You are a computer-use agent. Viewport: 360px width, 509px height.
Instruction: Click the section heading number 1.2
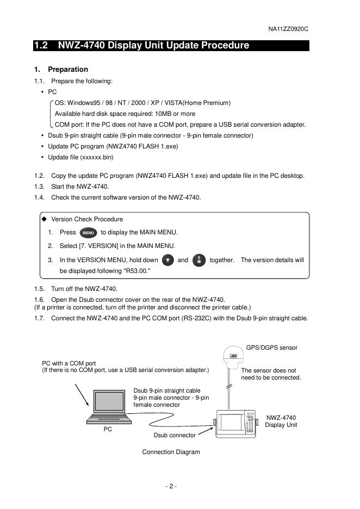[41, 46]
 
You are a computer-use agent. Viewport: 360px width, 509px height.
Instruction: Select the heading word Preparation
[68, 70]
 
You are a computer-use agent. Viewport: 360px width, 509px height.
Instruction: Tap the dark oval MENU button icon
[88, 233]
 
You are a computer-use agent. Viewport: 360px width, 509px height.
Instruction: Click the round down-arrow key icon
[168, 260]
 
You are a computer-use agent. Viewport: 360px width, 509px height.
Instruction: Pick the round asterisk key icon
[199, 260]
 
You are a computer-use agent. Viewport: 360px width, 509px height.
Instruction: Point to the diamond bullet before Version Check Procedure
[44, 219]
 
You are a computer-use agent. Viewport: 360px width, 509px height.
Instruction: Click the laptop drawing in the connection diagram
[109, 408]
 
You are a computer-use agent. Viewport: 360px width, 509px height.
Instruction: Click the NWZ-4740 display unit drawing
[237, 423]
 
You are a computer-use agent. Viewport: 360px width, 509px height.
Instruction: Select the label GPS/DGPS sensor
[272, 347]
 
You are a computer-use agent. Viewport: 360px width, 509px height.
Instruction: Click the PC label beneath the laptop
[108, 429]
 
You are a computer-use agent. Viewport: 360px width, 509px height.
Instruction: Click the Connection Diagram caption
[171, 452]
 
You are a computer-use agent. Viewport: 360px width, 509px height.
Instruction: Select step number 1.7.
[39, 318]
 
